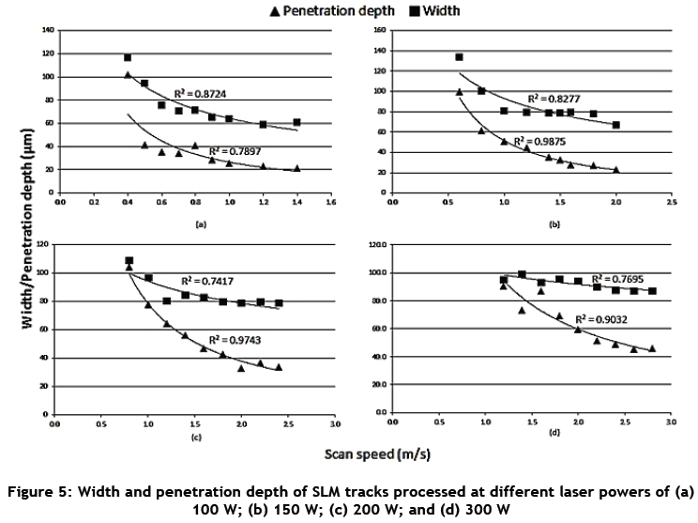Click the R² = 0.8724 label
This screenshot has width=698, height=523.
click(x=204, y=94)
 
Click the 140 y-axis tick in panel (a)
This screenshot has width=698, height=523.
click(x=46, y=30)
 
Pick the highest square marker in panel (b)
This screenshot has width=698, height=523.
click(x=460, y=57)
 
